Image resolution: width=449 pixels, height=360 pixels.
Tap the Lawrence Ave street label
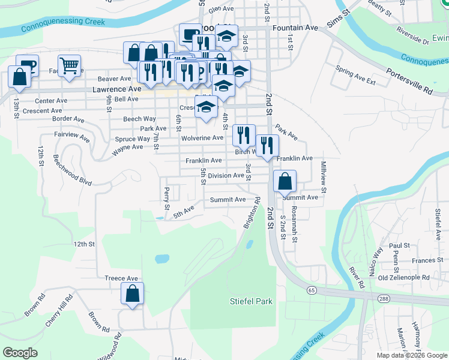(x=116, y=89)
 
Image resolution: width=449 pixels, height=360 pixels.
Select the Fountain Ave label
(x=295, y=28)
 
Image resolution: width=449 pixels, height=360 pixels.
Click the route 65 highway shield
(x=311, y=290)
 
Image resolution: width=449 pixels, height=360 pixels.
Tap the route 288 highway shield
(x=383, y=298)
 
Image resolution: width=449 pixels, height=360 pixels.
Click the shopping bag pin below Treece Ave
(x=132, y=294)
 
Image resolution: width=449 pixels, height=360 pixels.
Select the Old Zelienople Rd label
(x=404, y=278)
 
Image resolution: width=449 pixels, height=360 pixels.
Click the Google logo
(x=20, y=353)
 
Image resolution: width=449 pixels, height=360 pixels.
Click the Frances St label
(x=427, y=260)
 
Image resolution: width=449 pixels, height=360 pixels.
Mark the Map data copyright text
(x=411, y=355)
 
